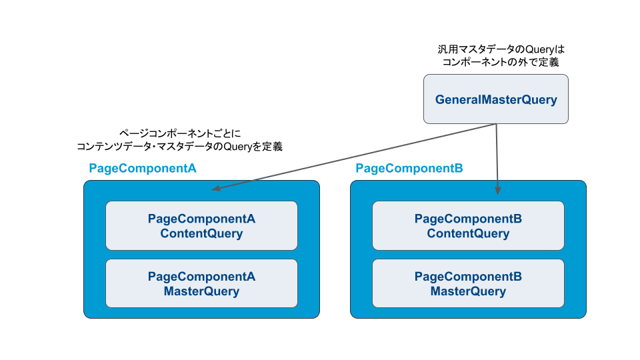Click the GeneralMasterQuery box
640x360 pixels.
click(x=496, y=99)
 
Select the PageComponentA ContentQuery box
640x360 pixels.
click(x=201, y=226)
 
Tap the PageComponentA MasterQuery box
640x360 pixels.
click(x=201, y=283)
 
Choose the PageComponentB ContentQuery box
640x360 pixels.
click(x=468, y=226)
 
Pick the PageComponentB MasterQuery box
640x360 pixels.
click(x=468, y=283)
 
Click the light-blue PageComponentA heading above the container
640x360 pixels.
click(x=143, y=168)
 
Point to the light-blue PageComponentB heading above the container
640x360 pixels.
click(x=409, y=168)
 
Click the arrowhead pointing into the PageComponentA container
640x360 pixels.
click(x=216, y=188)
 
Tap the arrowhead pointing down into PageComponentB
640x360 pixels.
click(x=497, y=191)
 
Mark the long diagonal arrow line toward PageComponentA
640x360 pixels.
click(x=353, y=157)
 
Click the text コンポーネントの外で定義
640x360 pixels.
click(x=501, y=62)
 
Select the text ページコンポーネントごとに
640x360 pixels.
click(x=180, y=133)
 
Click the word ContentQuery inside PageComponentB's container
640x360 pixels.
click(x=468, y=233)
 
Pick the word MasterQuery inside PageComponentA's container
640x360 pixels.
click(x=201, y=291)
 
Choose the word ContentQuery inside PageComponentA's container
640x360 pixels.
click(x=201, y=233)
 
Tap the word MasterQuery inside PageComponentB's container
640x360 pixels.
click(x=468, y=291)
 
